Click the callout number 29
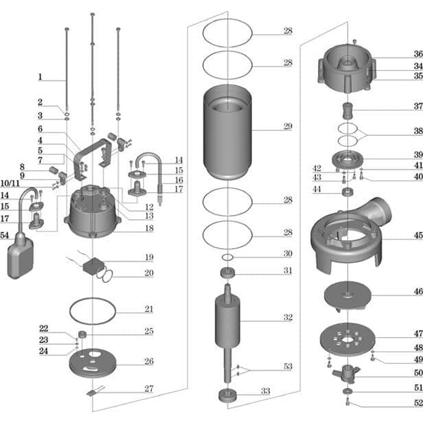(288, 126)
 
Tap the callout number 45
(418, 236)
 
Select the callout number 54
(5, 236)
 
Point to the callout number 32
(288, 317)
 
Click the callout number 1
(41, 77)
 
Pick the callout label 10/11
(10, 183)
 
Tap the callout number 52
(418, 403)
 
